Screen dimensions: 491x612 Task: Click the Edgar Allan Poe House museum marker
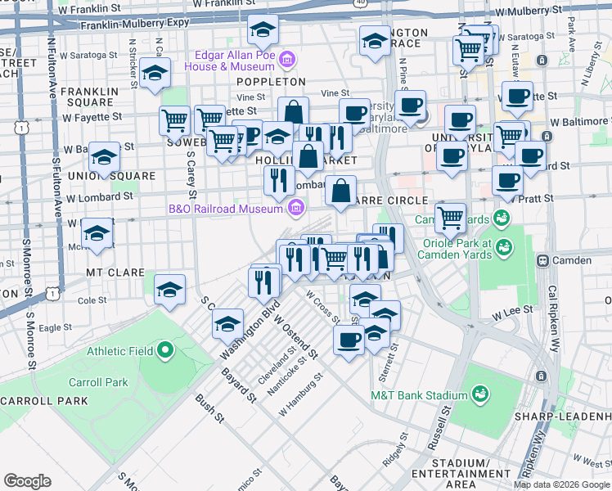(286, 59)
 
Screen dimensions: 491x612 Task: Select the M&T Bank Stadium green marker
(480, 395)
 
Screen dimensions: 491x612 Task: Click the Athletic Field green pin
(165, 351)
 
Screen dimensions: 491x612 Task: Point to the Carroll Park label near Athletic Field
(97, 382)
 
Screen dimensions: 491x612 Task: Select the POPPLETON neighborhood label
(271, 82)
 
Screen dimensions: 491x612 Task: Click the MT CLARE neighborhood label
(115, 272)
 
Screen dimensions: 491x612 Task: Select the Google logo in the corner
(27, 481)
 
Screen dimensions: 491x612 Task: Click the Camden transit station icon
(542, 260)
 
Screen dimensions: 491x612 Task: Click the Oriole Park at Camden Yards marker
(504, 245)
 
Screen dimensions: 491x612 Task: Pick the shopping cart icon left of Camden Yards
(450, 217)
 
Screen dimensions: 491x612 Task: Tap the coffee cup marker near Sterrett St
(349, 339)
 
